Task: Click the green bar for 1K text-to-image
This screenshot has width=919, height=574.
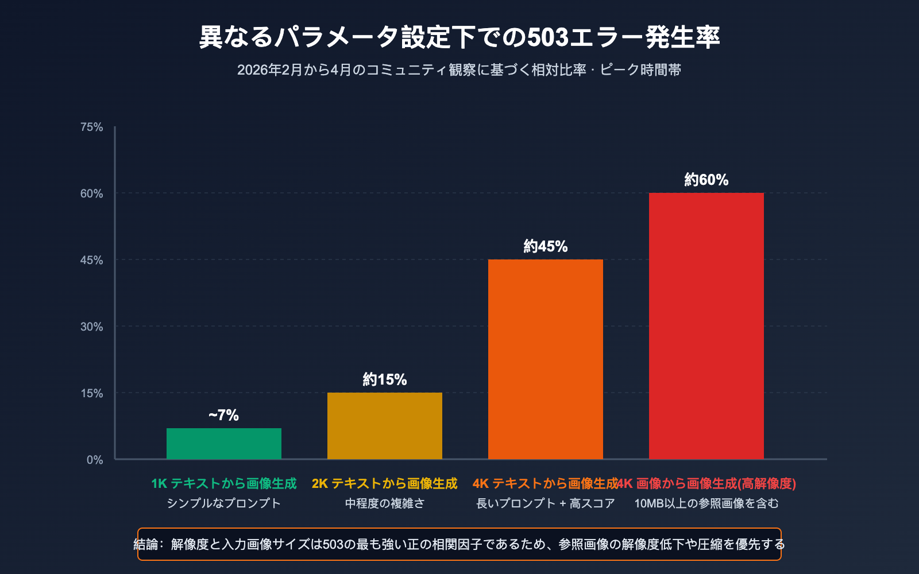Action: coord(224,444)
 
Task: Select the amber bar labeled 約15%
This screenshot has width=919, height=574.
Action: coord(385,426)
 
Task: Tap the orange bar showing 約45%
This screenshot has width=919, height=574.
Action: coord(546,359)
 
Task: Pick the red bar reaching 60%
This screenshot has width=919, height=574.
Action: coord(706,326)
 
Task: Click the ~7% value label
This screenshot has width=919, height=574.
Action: coord(224,415)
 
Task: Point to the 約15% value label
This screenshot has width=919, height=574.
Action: coord(385,379)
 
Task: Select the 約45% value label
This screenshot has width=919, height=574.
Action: coord(546,246)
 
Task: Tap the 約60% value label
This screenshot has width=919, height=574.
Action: coord(706,180)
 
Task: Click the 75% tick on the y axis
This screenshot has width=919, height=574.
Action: coord(92,127)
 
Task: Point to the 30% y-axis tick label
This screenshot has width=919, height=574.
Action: coord(92,327)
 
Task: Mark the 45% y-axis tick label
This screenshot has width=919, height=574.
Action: coord(92,260)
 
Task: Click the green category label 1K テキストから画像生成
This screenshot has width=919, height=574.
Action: coord(224,483)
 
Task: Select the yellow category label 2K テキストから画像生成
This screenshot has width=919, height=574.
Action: coord(385,483)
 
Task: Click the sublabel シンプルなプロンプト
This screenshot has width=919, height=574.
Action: coord(224,503)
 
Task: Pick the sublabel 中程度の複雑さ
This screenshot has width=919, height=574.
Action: coord(385,503)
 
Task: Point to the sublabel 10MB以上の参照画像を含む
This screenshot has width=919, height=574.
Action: coord(706,503)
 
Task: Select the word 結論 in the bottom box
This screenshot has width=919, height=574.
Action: coord(146,544)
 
